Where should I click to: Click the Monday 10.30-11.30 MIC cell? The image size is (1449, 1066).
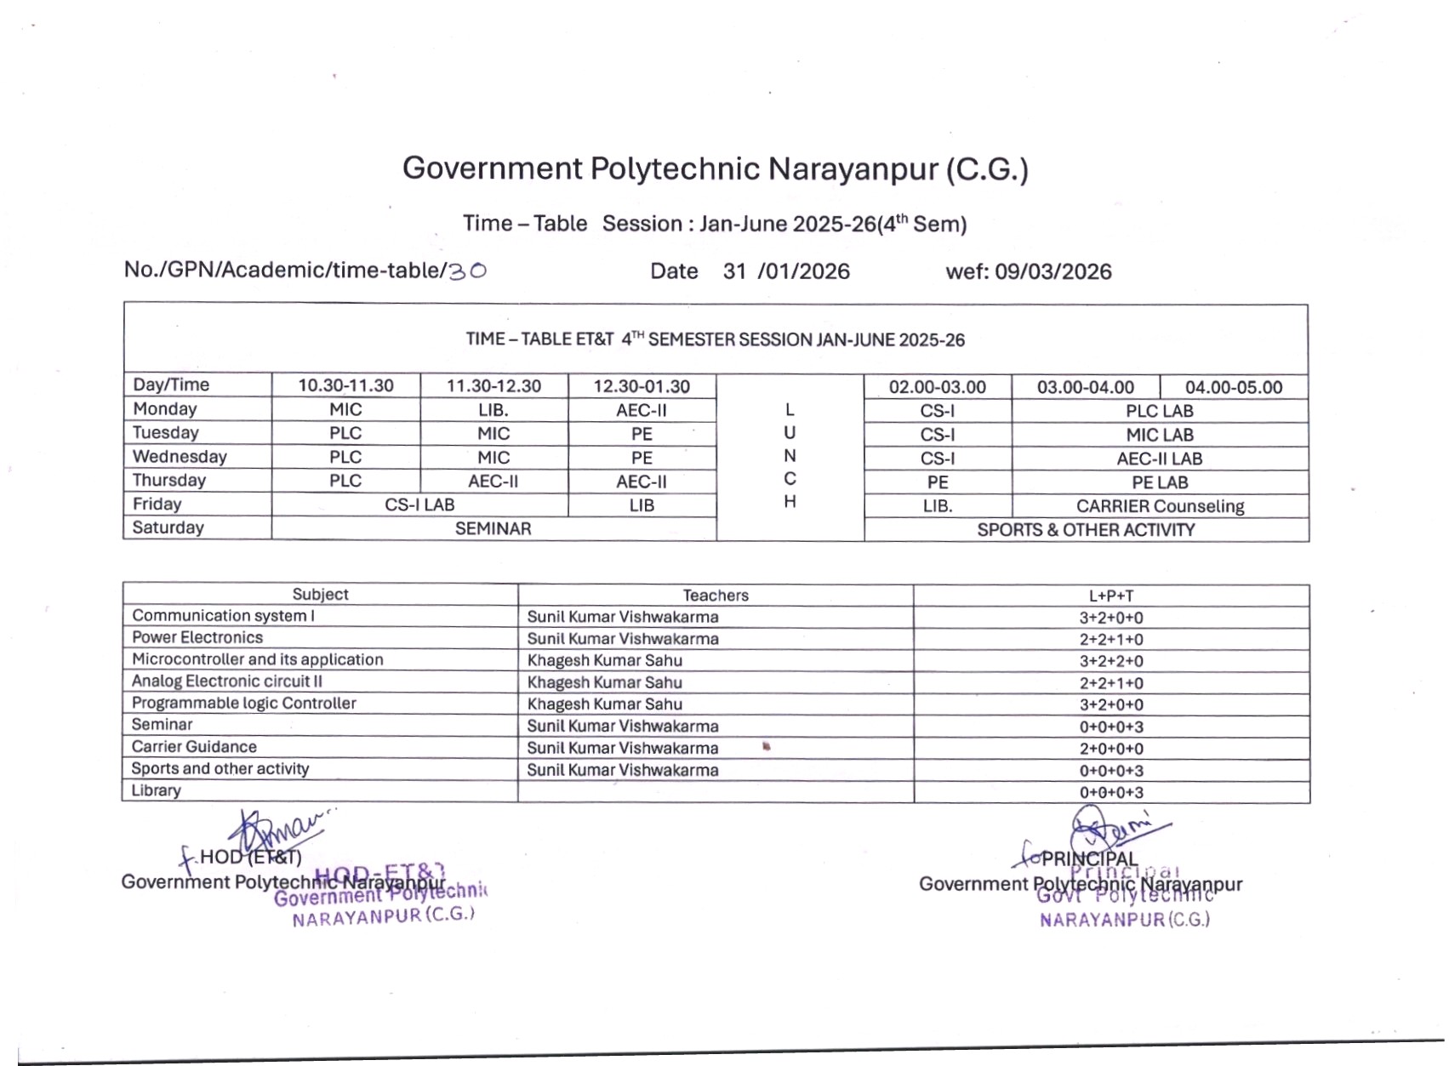coord(345,409)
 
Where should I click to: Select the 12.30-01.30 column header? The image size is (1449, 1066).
coord(642,386)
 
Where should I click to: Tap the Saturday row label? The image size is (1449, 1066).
coord(168,527)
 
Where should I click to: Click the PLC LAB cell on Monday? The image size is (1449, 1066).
coord(1159,411)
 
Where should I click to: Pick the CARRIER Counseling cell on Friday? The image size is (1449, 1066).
coord(1160,506)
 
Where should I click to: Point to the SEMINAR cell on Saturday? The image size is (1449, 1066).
coord(493,528)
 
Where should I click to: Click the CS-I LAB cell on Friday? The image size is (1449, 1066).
coord(419,504)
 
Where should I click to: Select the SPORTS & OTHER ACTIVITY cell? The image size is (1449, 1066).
coord(1086,530)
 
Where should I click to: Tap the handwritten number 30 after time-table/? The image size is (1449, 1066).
coord(467,271)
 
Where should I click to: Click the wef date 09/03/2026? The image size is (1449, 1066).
coord(1053,271)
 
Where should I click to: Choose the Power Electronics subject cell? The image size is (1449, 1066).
coord(197,637)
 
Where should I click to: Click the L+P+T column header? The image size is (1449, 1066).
coord(1111,596)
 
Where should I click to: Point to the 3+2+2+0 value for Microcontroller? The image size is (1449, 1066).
coord(1111,661)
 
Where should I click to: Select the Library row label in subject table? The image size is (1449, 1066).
coord(157,790)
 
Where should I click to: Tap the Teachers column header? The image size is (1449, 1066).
coord(716,596)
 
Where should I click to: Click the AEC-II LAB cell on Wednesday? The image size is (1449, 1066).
coord(1159,459)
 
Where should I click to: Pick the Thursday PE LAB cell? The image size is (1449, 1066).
coord(1159,482)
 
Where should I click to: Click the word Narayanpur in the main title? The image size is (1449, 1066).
coord(852,168)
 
